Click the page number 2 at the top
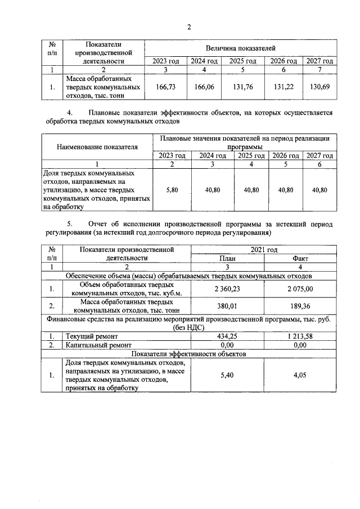click(x=189, y=26)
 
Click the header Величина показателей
click(x=240, y=48)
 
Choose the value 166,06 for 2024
click(x=204, y=87)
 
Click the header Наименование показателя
click(x=97, y=147)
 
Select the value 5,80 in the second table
click(x=172, y=190)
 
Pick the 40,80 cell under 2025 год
click(x=251, y=190)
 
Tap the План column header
click(x=227, y=258)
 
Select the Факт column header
click(x=300, y=258)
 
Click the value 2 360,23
click(x=227, y=289)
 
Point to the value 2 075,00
click(x=300, y=289)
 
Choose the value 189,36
click(x=300, y=307)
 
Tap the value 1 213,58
click(x=300, y=336)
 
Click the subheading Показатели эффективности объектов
click(x=188, y=354)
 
